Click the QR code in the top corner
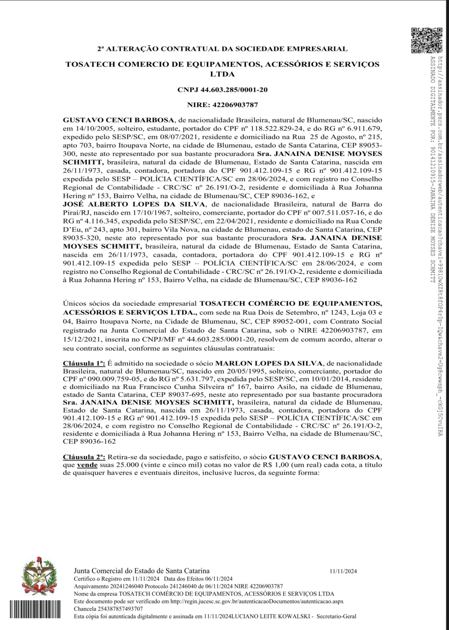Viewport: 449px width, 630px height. point(426,40)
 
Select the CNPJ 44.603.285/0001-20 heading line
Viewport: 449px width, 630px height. point(222,90)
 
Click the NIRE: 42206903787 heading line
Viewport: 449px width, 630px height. point(222,105)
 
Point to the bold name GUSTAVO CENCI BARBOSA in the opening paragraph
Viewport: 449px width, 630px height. point(118,120)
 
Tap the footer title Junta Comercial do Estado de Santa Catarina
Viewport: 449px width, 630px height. point(141,571)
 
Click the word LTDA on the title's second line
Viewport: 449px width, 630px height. point(222,74)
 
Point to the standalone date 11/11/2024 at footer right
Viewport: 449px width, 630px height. point(343,571)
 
